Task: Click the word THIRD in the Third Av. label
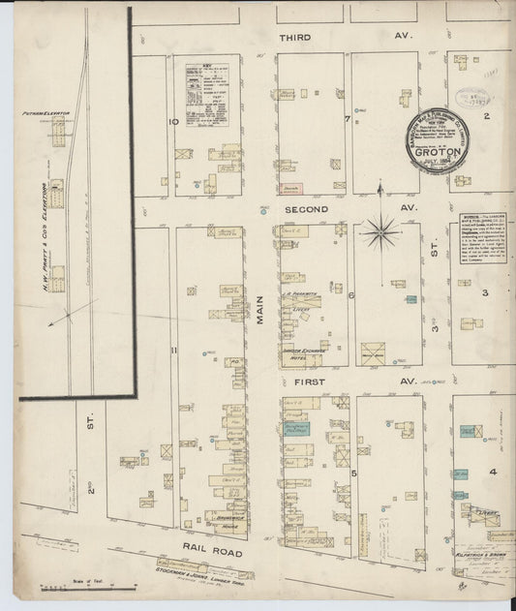(x=295, y=38)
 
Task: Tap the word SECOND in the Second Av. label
(x=306, y=208)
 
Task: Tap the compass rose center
(x=381, y=231)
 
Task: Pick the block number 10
(x=172, y=122)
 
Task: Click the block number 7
(x=346, y=119)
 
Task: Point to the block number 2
(x=488, y=116)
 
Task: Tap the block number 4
(x=492, y=472)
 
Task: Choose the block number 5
(x=354, y=473)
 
